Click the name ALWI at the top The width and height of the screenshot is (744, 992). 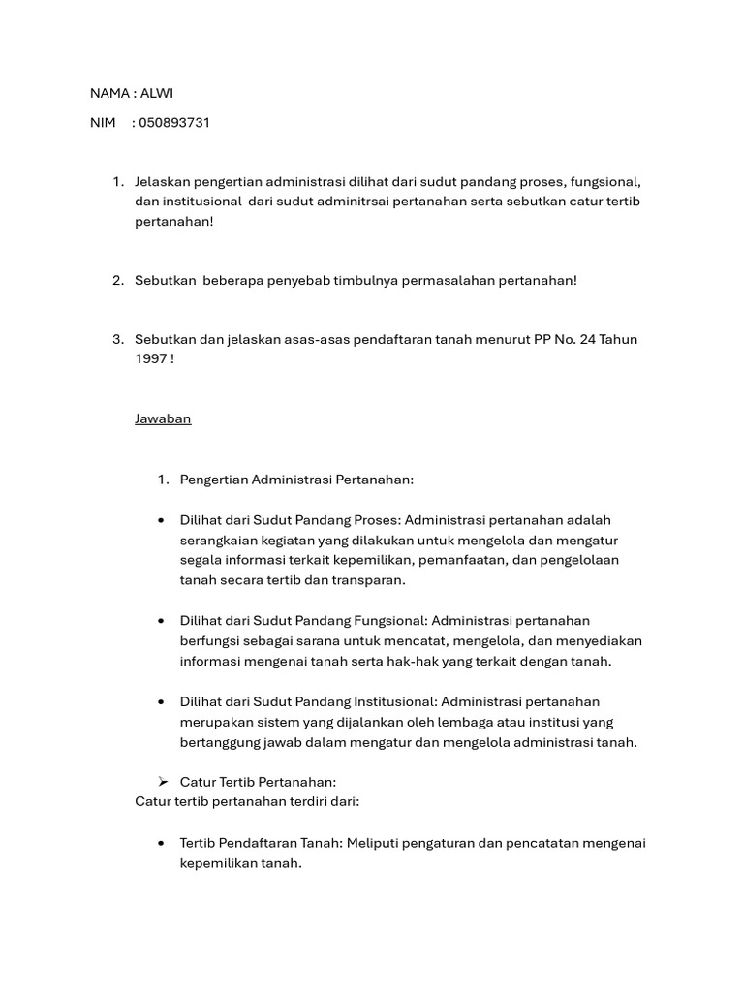158,93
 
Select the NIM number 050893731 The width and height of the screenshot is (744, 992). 174,123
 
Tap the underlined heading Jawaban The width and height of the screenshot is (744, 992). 163,418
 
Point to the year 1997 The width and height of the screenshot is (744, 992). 151,358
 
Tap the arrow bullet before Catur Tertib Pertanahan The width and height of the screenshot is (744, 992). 163,782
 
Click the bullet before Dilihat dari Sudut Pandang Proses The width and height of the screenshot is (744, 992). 161,520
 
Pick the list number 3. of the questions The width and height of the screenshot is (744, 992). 117,339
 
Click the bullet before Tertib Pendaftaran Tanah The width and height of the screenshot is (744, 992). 161,843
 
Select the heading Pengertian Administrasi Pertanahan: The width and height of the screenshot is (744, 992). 296,480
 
